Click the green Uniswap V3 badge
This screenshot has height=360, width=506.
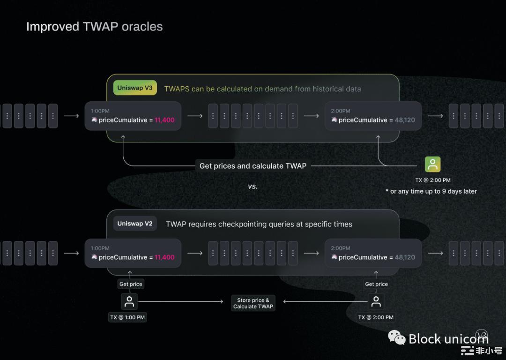(x=135, y=88)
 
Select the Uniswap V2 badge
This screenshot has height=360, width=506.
(x=135, y=224)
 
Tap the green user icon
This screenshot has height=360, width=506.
(x=432, y=165)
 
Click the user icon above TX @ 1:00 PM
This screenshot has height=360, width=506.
(x=129, y=301)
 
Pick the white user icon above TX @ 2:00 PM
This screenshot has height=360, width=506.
(x=376, y=301)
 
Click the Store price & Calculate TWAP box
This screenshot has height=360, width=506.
(x=253, y=303)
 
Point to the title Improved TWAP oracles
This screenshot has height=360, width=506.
(x=95, y=26)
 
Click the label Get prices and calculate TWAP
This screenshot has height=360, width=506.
(x=253, y=166)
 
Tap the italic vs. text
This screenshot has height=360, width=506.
(x=253, y=186)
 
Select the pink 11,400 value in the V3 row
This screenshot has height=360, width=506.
(x=164, y=120)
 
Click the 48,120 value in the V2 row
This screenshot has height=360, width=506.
(x=405, y=257)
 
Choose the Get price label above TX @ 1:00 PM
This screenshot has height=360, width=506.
(x=131, y=284)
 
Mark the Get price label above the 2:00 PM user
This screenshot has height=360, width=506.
(x=376, y=284)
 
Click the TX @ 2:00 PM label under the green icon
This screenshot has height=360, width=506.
(x=433, y=180)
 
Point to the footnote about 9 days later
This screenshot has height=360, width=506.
(x=431, y=191)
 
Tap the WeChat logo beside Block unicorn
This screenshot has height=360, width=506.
(x=397, y=337)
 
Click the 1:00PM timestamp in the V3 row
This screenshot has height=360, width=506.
(x=100, y=111)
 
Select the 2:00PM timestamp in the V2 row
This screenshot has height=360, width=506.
(x=341, y=248)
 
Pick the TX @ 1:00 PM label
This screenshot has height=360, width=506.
(x=127, y=317)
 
